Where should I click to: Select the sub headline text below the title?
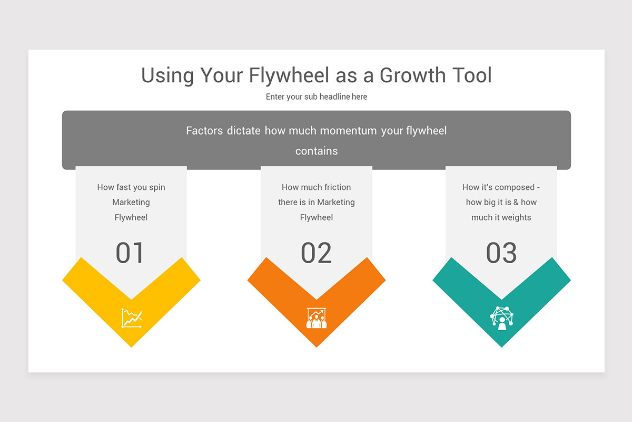coord(316,97)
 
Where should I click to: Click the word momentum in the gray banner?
coord(349,130)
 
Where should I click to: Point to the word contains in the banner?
coord(316,151)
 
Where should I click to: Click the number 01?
coord(130,253)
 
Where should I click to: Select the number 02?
coord(316,253)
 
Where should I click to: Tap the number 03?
coord(501,253)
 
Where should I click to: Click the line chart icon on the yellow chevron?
coord(131,318)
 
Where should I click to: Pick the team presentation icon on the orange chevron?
coord(316,318)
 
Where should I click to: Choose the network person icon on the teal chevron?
coord(501,318)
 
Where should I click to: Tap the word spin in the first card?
coord(157,187)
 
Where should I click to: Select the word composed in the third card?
coord(514,187)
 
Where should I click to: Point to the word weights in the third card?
coord(516,217)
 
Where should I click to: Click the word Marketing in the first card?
coord(131,202)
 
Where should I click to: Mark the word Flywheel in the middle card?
coord(316,217)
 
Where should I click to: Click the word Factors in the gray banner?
coord(204,130)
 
